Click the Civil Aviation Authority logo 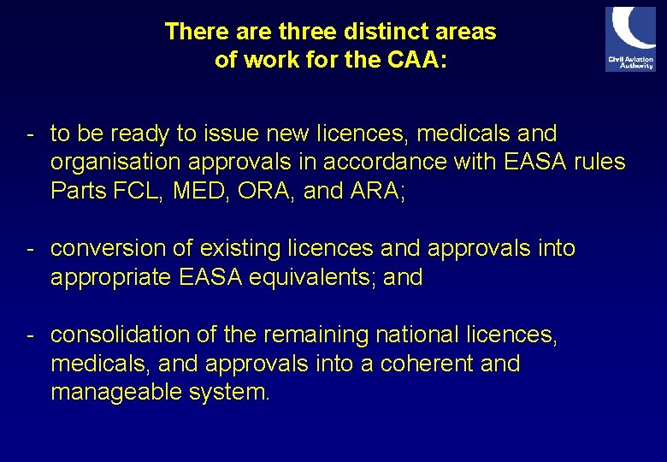(x=630, y=39)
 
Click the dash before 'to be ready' (x=30, y=134)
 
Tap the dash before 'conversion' (x=30, y=249)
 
